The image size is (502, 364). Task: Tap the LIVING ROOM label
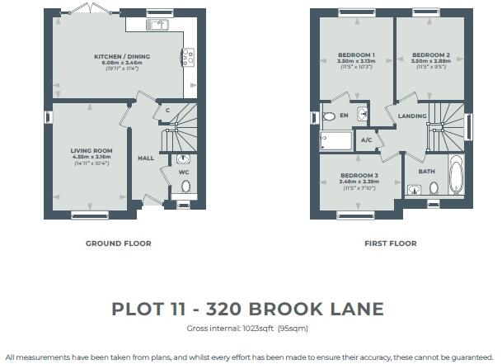[90, 150]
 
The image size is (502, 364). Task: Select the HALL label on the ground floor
[145, 158]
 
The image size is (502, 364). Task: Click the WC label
[185, 173]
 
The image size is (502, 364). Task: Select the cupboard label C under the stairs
[167, 110]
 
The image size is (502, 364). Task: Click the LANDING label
[410, 116]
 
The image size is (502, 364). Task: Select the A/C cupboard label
[367, 140]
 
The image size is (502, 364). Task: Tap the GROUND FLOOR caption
[119, 243]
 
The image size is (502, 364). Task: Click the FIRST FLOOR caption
[390, 243]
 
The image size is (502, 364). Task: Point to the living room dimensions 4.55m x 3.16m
[90, 157]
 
